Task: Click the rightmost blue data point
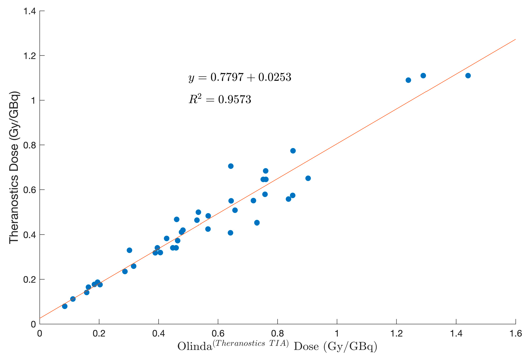(468, 76)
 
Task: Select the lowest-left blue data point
(65, 306)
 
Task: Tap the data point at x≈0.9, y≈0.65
(308, 178)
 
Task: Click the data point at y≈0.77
(293, 151)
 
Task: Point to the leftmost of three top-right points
(408, 80)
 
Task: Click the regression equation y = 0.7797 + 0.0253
(240, 77)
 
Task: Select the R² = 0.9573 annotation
(220, 100)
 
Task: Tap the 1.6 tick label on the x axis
(515, 334)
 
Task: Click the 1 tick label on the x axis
(337, 334)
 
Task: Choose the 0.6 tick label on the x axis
(218, 334)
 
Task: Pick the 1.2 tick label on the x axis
(396, 334)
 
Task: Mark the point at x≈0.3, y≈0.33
(129, 250)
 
